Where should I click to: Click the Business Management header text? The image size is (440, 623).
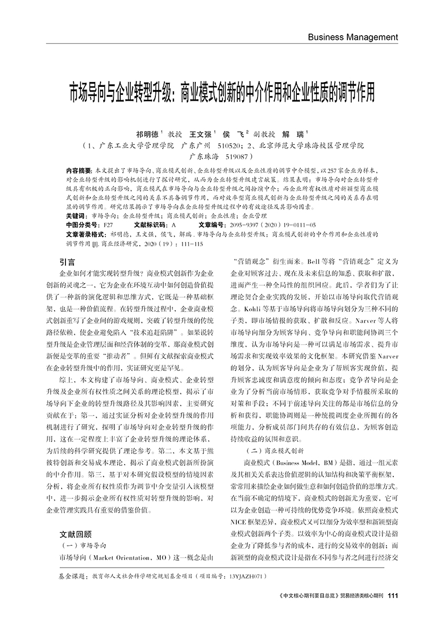353,37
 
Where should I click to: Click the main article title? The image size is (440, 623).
220,92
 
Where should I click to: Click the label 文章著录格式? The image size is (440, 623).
86,234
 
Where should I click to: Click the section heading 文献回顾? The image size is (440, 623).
76,534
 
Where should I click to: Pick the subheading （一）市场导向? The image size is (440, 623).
82,546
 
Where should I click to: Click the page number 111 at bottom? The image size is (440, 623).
393,596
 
